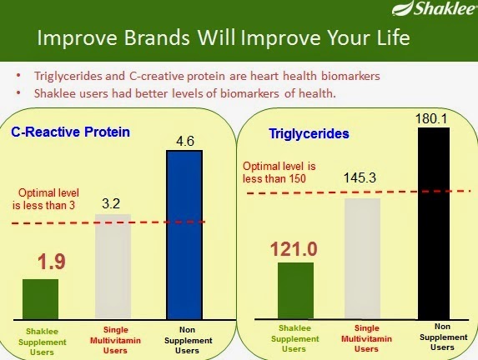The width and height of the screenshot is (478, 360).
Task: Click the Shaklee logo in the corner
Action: pyautogui.click(x=435, y=8)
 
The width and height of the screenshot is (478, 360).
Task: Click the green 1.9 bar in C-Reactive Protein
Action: pyautogui.click(x=41, y=299)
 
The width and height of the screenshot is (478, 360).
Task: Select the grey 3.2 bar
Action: pyautogui.click(x=113, y=267)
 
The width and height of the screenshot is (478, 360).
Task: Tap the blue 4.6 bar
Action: pyautogui.click(x=184, y=235)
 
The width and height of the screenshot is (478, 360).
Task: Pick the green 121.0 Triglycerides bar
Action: pyautogui.click(x=295, y=291)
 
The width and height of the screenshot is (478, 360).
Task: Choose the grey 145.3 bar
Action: pyautogui.click(x=363, y=259)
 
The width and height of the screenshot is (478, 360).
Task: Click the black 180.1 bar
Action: pyautogui.click(x=434, y=223)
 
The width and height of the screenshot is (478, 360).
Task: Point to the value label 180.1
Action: pyautogui.click(x=431, y=118)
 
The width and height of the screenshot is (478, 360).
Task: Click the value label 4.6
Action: pyautogui.click(x=185, y=141)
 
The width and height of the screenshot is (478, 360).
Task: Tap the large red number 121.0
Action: pyautogui.click(x=294, y=249)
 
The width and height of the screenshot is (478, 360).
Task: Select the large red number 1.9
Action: pyautogui.click(x=52, y=262)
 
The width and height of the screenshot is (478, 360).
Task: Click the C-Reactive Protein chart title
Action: pyautogui.click(x=70, y=132)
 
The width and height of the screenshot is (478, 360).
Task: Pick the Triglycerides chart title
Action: pyautogui.click(x=309, y=133)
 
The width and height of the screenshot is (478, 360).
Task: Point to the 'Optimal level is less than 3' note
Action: pyautogui.click(x=46, y=199)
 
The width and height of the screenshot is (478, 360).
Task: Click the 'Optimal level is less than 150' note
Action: pyautogui.click(x=279, y=172)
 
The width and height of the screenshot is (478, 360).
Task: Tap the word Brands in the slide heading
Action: pyautogui.click(x=157, y=37)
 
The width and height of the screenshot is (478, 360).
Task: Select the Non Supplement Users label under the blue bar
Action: pyautogui.click(x=188, y=340)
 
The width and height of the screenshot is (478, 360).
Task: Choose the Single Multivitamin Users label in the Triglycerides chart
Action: pyautogui.click(x=366, y=338)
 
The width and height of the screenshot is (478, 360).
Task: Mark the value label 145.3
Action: pyautogui.click(x=360, y=177)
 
